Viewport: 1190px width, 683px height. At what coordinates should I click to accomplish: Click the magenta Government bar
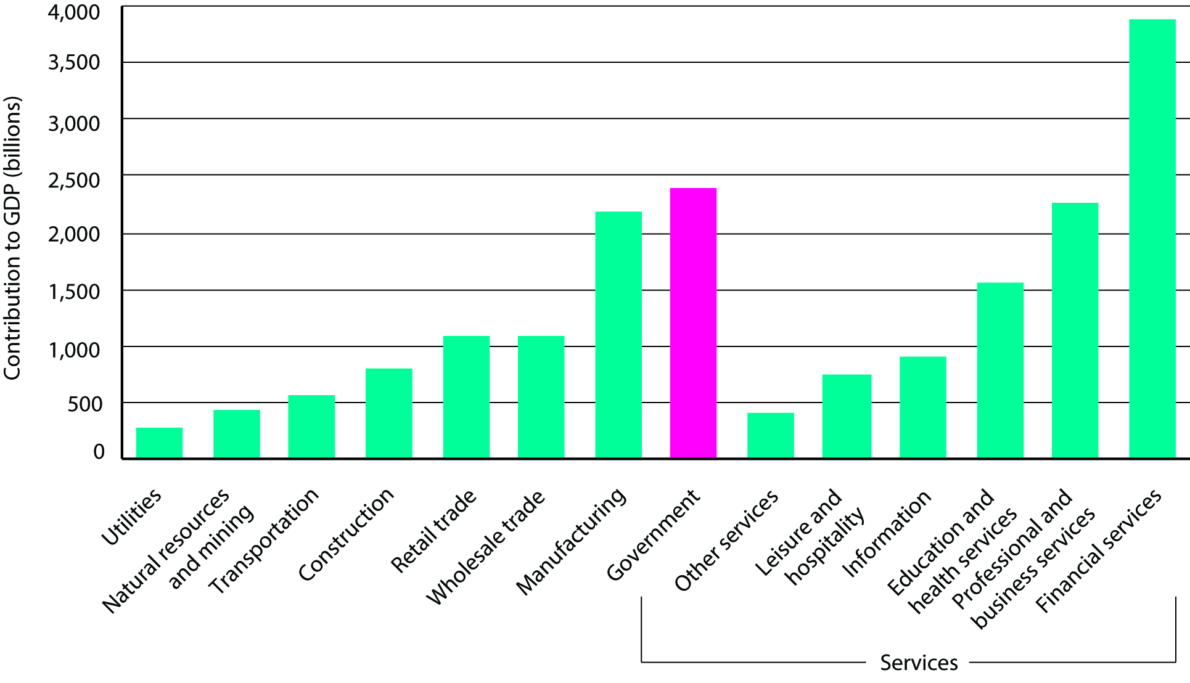click(693, 323)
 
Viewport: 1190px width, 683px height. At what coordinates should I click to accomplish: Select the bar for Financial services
click(1152, 239)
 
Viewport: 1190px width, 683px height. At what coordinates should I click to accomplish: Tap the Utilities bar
click(159, 443)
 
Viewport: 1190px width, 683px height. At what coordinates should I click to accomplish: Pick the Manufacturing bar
click(618, 335)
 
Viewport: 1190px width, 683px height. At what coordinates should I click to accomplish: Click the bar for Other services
click(771, 435)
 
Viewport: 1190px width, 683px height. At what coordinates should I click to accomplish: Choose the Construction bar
click(389, 413)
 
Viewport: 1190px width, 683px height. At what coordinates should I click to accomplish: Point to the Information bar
click(923, 407)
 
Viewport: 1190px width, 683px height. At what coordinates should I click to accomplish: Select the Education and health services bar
click(1000, 370)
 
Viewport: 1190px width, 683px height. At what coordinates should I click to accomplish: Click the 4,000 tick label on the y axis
click(74, 12)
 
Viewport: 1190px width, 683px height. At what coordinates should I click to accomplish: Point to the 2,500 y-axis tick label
click(74, 181)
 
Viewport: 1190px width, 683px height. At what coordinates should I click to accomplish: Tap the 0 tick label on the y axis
click(99, 452)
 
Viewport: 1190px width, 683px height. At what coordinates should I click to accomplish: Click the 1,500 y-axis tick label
click(74, 292)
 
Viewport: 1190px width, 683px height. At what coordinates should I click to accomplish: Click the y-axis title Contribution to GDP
click(12, 238)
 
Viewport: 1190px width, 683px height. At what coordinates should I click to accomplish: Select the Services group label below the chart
click(919, 663)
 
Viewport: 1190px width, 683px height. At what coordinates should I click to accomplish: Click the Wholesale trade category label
click(486, 547)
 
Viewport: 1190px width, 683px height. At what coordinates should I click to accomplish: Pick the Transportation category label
click(264, 541)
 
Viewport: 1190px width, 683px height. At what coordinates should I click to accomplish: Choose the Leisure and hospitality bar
click(847, 416)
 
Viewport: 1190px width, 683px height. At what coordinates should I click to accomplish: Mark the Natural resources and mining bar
click(237, 434)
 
